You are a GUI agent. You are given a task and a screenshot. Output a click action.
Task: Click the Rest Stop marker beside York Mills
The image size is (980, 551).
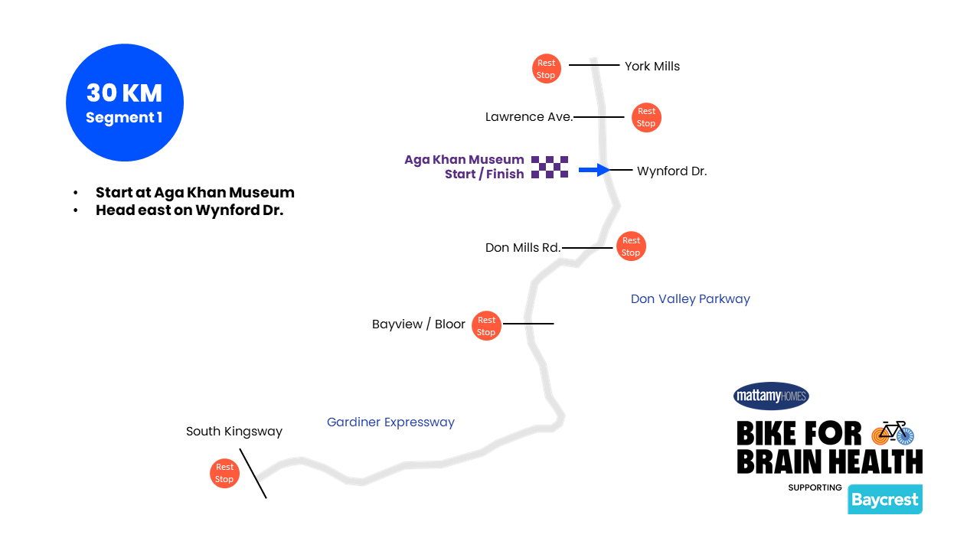click(x=546, y=69)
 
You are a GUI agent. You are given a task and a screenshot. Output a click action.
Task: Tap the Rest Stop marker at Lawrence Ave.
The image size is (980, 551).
click(x=646, y=117)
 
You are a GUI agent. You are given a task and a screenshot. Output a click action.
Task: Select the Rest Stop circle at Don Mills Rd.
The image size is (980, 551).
click(x=631, y=246)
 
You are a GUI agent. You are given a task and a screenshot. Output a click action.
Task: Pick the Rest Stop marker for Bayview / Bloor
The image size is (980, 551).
click(x=486, y=326)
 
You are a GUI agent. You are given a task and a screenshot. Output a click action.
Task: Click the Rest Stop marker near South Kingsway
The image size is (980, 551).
click(x=224, y=473)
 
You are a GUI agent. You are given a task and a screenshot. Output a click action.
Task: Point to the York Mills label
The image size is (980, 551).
click(x=652, y=67)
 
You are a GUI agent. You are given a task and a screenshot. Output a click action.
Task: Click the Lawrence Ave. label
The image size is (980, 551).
click(x=529, y=117)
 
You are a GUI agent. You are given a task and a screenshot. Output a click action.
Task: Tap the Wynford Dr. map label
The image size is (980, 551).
click(x=671, y=171)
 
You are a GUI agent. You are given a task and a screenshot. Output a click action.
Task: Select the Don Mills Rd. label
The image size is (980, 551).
click(x=523, y=248)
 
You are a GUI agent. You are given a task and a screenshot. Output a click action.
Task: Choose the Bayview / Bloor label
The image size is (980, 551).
click(x=419, y=324)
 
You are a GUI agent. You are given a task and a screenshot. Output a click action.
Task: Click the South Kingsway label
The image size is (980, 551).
click(x=234, y=432)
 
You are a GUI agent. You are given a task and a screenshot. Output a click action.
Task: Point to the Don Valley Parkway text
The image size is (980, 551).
click(x=690, y=299)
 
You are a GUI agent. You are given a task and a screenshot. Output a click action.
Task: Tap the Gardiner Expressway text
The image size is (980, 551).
click(x=390, y=422)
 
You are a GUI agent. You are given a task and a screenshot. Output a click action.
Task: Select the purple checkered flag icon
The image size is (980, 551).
click(x=550, y=167)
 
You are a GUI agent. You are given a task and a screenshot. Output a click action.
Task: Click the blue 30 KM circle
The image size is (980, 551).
click(x=125, y=103)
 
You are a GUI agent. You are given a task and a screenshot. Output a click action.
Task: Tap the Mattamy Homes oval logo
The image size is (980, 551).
click(x=771, y=396)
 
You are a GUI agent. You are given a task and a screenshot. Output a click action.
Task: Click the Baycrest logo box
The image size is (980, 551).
click(x=885, y=500)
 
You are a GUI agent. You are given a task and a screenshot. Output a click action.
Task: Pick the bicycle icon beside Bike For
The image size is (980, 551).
click(x=893, y=432)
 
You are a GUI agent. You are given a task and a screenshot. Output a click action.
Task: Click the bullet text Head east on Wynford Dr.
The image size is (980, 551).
click(x=189, y=210)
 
